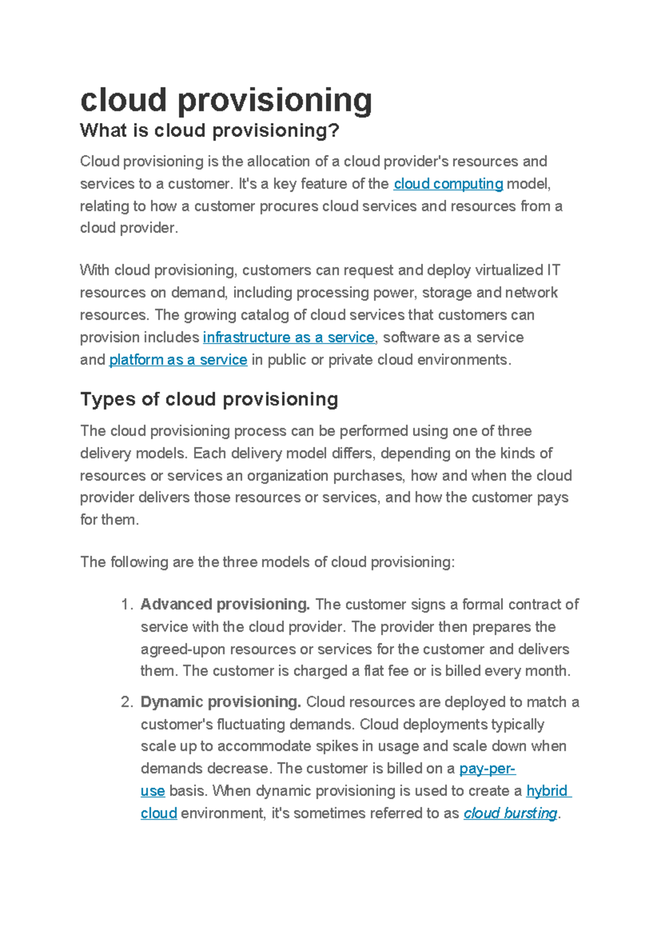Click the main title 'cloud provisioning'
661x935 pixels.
tap(226, 101)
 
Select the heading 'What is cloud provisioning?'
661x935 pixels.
tap(209, 131)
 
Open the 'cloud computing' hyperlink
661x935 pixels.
tap(448, 184)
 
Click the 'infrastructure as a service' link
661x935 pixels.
tap(289, 337)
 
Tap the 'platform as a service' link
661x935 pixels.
tap(178, 360)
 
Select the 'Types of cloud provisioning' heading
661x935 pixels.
tap(209, 399)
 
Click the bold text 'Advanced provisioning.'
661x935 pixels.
tap(225, 605)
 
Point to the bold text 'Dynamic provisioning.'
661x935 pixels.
tap(220, 702)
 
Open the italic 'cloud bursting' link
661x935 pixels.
tap(510, 814)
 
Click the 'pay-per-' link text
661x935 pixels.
tap(487, 769)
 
